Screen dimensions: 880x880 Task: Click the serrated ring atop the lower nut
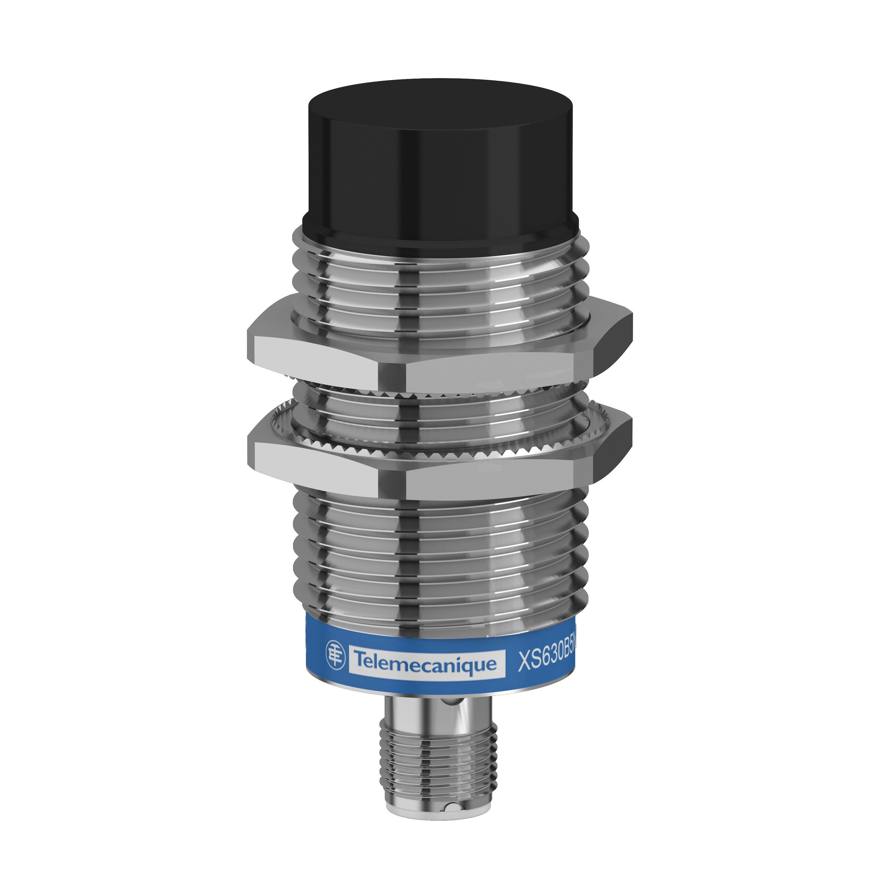click(437, 451)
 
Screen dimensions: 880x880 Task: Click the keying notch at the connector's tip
click(450, 820)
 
